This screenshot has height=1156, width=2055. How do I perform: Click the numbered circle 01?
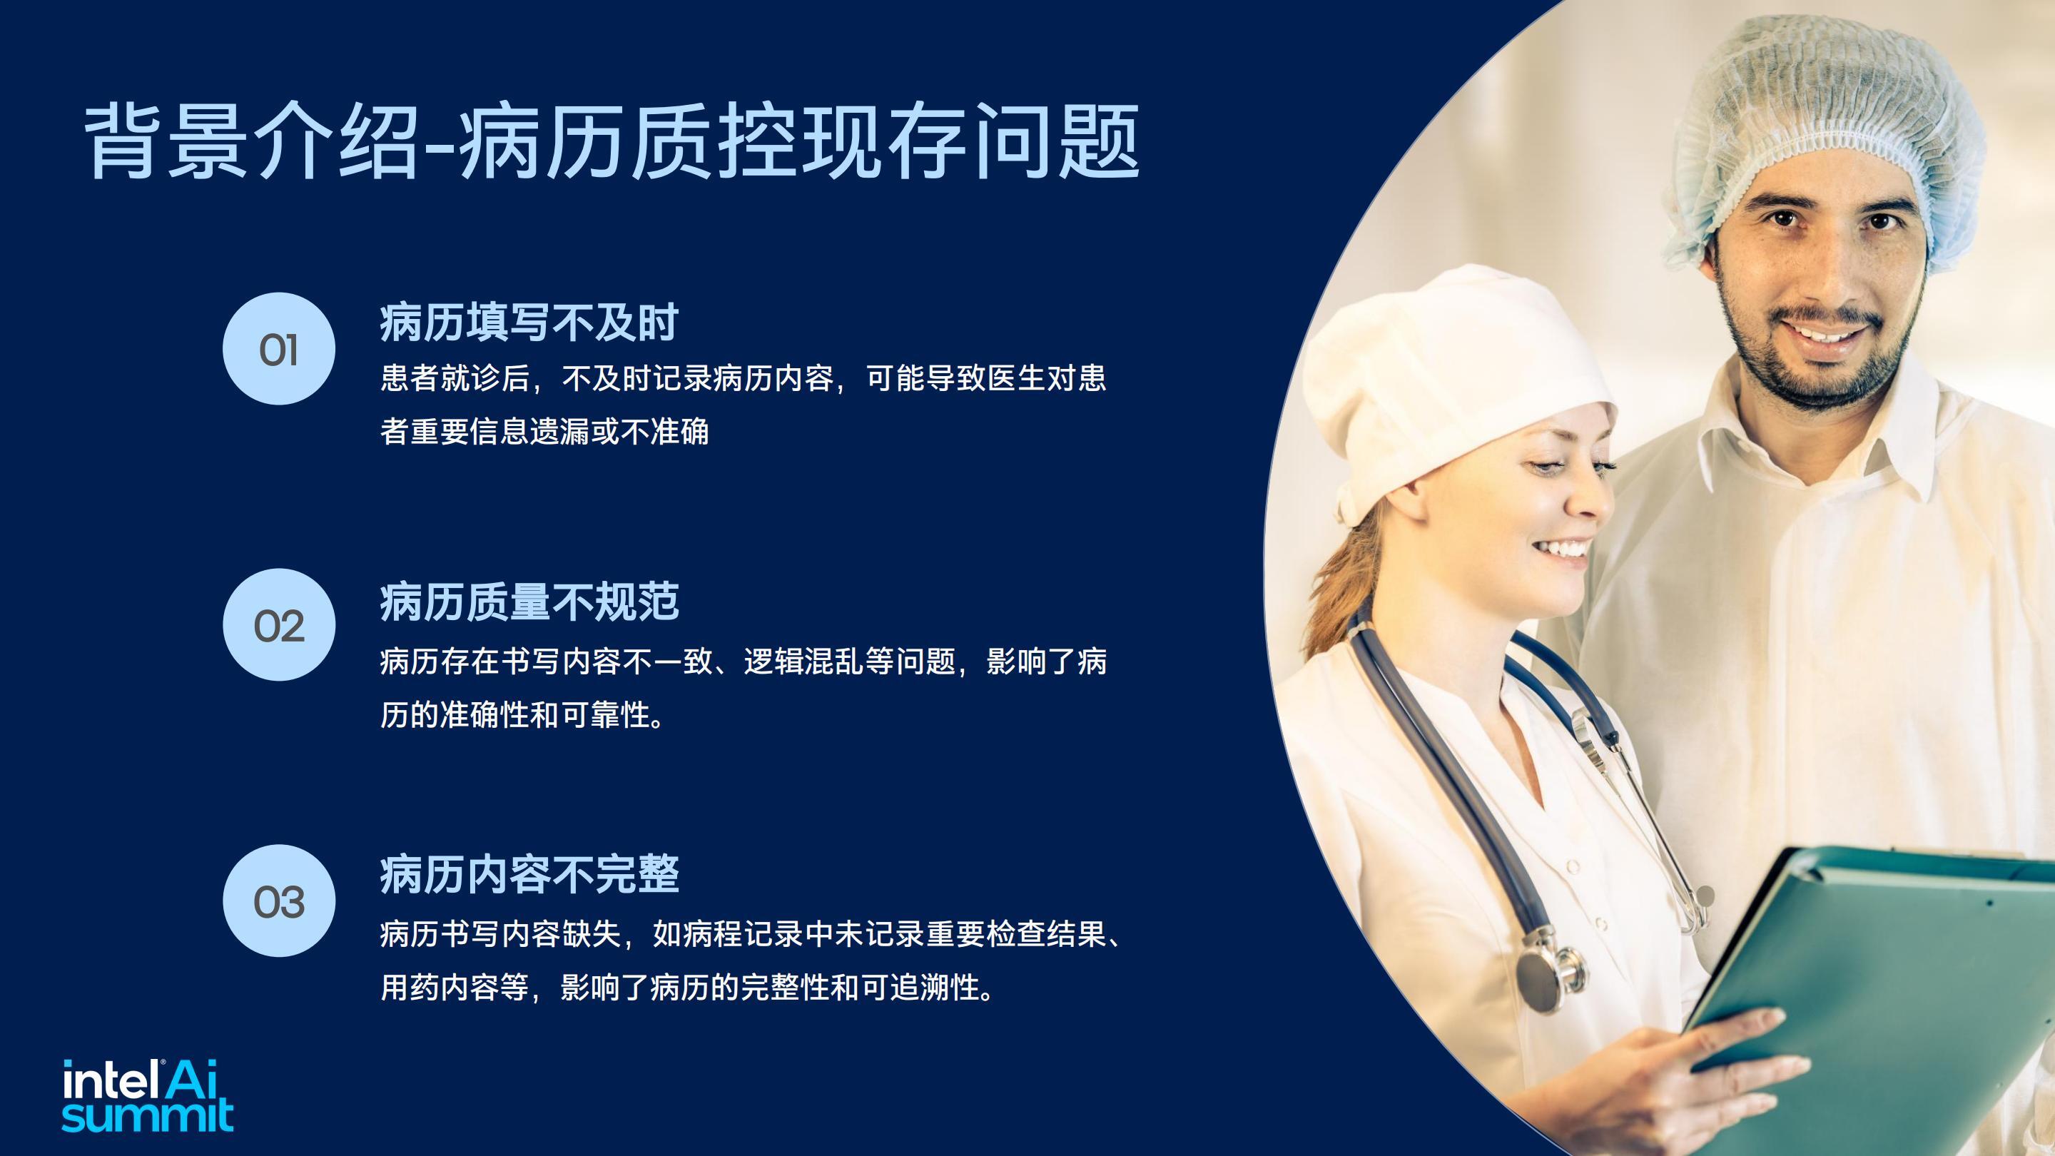278,349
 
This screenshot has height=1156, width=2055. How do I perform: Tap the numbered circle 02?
278,624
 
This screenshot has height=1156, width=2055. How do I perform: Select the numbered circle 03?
278,901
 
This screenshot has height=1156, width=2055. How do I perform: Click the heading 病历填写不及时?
529,323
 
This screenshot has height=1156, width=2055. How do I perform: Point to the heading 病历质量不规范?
529,602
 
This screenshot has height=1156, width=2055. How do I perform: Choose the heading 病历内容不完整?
529,874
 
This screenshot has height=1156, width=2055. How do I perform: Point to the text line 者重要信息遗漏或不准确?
544,432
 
